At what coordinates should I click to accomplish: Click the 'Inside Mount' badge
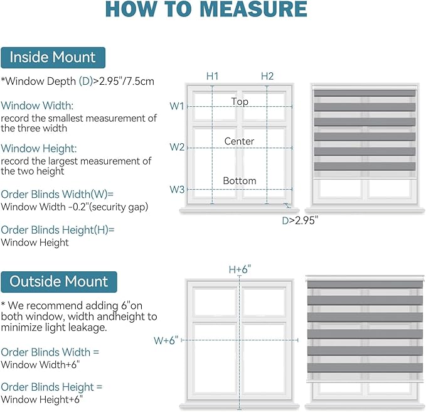point(53,58)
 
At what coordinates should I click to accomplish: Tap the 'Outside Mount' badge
point(59,282)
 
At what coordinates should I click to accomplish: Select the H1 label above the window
point(212,76)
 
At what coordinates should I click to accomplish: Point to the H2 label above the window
point(267,76)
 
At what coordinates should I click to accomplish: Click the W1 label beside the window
point(177,106)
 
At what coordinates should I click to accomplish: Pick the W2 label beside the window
point(177,147)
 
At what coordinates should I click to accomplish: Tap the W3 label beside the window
point(177,190)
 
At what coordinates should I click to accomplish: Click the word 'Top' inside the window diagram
point(240,102)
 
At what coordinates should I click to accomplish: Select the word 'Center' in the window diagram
point(239,141)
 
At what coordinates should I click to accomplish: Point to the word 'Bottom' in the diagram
point(240,181)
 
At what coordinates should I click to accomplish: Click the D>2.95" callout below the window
point(300,220)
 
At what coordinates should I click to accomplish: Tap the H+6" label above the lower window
point(240,269)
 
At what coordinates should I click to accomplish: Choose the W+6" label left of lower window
point(166,340)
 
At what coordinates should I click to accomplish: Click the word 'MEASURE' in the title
point(253,9)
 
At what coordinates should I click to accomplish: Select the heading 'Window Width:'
point(37,106)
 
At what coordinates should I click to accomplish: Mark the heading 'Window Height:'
point(39,148)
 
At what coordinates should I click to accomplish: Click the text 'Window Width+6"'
point(40,364)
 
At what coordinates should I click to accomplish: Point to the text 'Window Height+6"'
point(41,399)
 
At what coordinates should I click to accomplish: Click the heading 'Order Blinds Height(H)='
point(58,230)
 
